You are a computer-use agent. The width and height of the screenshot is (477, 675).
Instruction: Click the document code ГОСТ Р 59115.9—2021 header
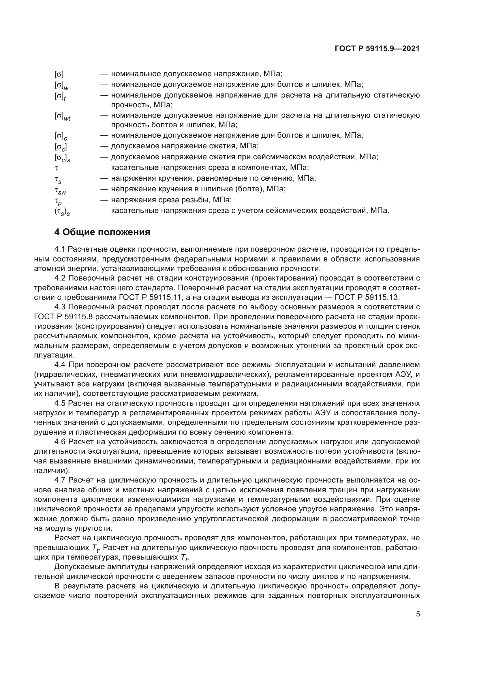pos(377,49)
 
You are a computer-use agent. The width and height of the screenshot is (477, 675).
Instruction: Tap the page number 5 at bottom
pos(418,614)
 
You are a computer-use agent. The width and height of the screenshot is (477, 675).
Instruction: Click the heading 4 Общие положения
pos(102,232)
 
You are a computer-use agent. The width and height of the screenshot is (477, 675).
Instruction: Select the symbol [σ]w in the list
pos(61,85)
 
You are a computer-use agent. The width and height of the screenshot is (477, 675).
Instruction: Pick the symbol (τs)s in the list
pos(62,212)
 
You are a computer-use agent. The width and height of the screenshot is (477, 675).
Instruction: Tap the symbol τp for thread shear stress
pos(58,201)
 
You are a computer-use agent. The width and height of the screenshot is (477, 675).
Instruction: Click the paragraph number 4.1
pos(59,249)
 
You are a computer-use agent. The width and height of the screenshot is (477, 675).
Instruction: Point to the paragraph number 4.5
pos(59,403)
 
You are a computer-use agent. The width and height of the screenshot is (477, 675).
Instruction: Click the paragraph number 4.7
pos(59,480)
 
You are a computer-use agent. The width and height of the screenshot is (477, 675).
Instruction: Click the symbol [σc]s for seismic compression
pos(62,158)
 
